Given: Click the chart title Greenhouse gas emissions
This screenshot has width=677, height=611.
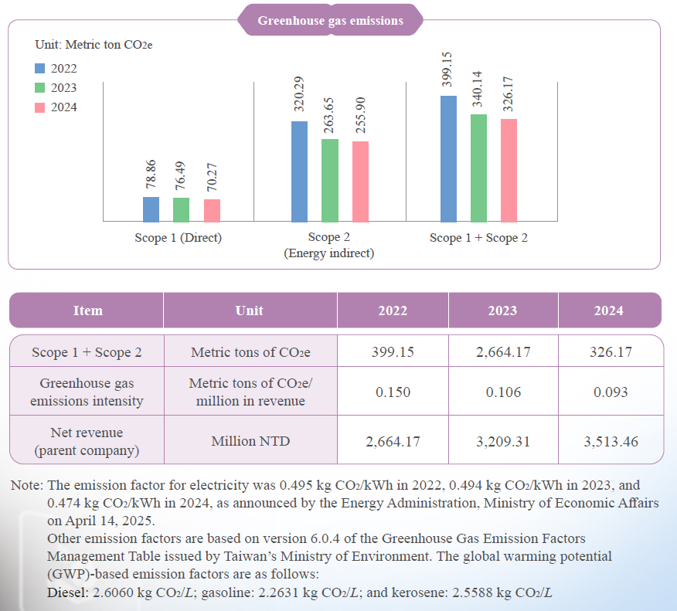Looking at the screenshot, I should (330, 21).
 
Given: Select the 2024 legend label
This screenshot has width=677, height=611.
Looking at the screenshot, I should (63, 107).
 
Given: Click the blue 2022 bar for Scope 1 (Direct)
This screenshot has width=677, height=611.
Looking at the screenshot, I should (151, 209).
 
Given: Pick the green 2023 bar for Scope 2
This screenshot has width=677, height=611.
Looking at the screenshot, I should (330, 181).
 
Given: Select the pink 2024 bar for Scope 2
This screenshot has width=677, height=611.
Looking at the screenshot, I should (360, 182).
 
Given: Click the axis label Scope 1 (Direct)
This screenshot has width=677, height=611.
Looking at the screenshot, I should (178, 238).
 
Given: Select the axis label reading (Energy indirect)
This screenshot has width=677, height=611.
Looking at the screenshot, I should (329, 253).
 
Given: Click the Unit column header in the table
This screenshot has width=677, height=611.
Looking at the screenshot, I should (249, 311).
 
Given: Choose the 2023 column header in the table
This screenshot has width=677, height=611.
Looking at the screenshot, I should (502, 311).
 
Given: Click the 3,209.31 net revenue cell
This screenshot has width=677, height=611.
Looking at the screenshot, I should (502, 441).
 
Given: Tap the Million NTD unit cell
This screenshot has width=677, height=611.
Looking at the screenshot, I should (250, 441).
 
